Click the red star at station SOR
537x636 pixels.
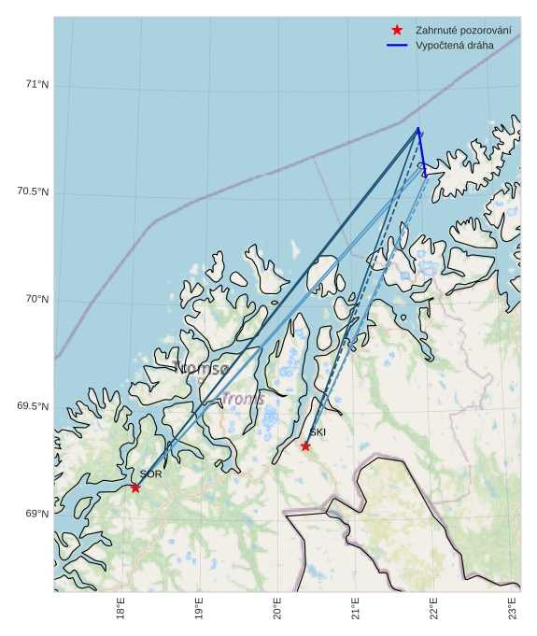135,488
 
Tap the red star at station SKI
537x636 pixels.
305,445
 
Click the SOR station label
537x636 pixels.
151,474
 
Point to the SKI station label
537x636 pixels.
318,432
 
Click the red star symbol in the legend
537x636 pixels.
397,31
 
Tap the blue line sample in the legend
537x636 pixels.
397,45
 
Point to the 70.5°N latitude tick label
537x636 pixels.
33,192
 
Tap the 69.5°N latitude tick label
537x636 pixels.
33,407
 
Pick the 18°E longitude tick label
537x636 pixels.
121,608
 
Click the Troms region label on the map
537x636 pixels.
243,400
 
